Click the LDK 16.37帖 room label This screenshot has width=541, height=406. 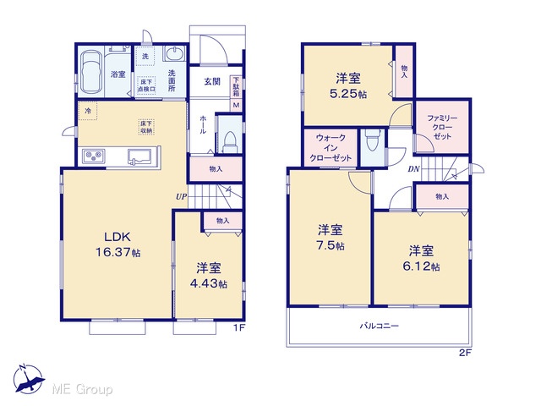click(117, 244)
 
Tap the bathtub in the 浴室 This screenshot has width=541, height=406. click(91, 72)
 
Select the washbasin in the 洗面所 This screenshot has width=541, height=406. click(174, 53)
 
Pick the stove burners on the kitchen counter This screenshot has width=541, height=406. click(94, 155)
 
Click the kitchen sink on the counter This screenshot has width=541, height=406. click(139, 156)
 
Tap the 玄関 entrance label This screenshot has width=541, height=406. click(212, 81)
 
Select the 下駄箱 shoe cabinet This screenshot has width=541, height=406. click(237, 87)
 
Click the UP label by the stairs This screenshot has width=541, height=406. click(182, 197)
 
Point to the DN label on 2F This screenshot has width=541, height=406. click(413, 169)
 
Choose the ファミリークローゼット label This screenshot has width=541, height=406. click(442, 127)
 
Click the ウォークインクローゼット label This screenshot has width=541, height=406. click(331, 148)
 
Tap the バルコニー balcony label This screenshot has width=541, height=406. click(380, 326)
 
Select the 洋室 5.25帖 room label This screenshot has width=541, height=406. click(348, 85)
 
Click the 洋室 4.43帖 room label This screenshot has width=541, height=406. click(209, 276)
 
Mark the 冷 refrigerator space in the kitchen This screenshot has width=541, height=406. click(88, 111)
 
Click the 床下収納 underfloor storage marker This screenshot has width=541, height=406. click(146, 127)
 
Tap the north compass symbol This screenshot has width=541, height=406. click(29, 379)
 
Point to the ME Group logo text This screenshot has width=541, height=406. click(82, 389)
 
